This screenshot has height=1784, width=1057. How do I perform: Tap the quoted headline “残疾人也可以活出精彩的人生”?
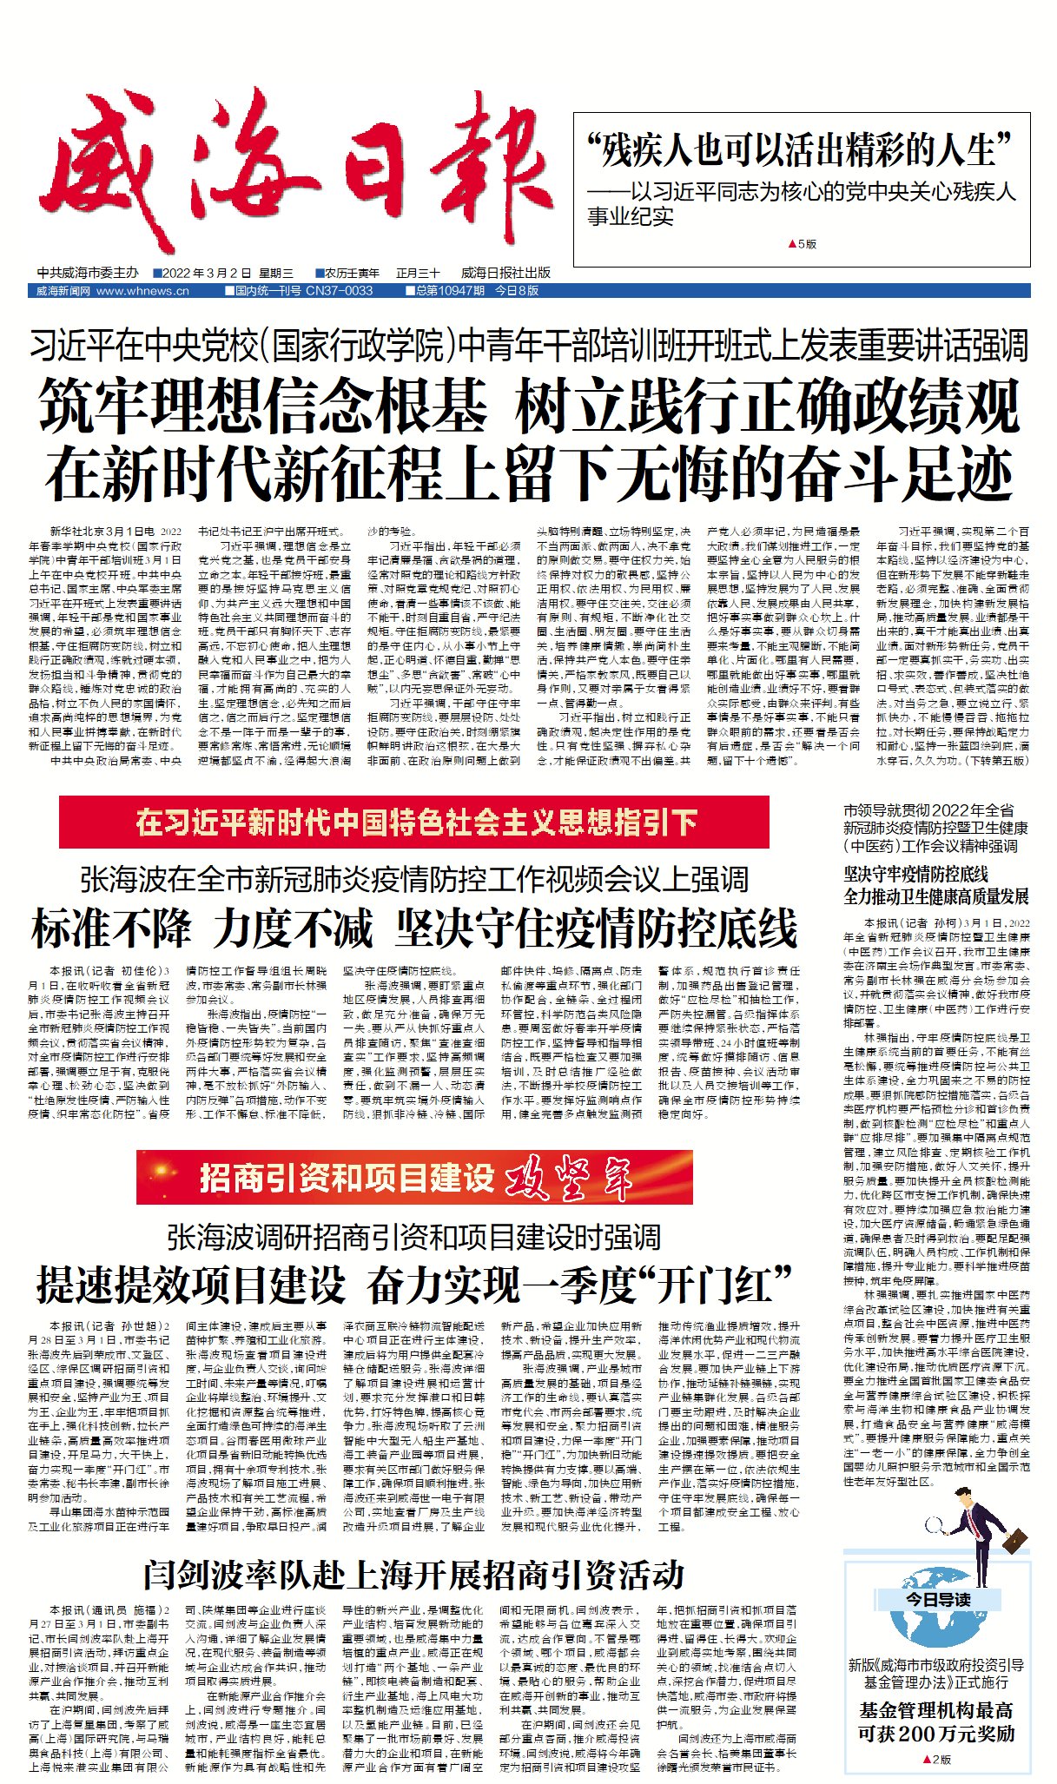800,150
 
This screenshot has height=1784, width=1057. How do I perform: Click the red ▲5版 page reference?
802,244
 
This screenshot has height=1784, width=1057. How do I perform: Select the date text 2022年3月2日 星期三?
228,273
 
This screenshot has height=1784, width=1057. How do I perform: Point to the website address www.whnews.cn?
142,291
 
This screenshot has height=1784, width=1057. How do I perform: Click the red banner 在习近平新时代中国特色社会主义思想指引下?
415,822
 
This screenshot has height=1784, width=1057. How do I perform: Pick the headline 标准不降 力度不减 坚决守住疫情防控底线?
413,928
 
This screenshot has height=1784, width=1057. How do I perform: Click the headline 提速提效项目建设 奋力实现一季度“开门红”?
413,1285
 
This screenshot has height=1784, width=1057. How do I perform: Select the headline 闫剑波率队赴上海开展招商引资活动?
413,1574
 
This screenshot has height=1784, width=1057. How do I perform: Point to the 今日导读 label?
937,1599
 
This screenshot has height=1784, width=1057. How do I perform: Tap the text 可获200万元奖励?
936,1733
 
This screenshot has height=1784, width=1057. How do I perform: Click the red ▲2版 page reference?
936,1759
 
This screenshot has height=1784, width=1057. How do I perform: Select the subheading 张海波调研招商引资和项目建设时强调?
413,1237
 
